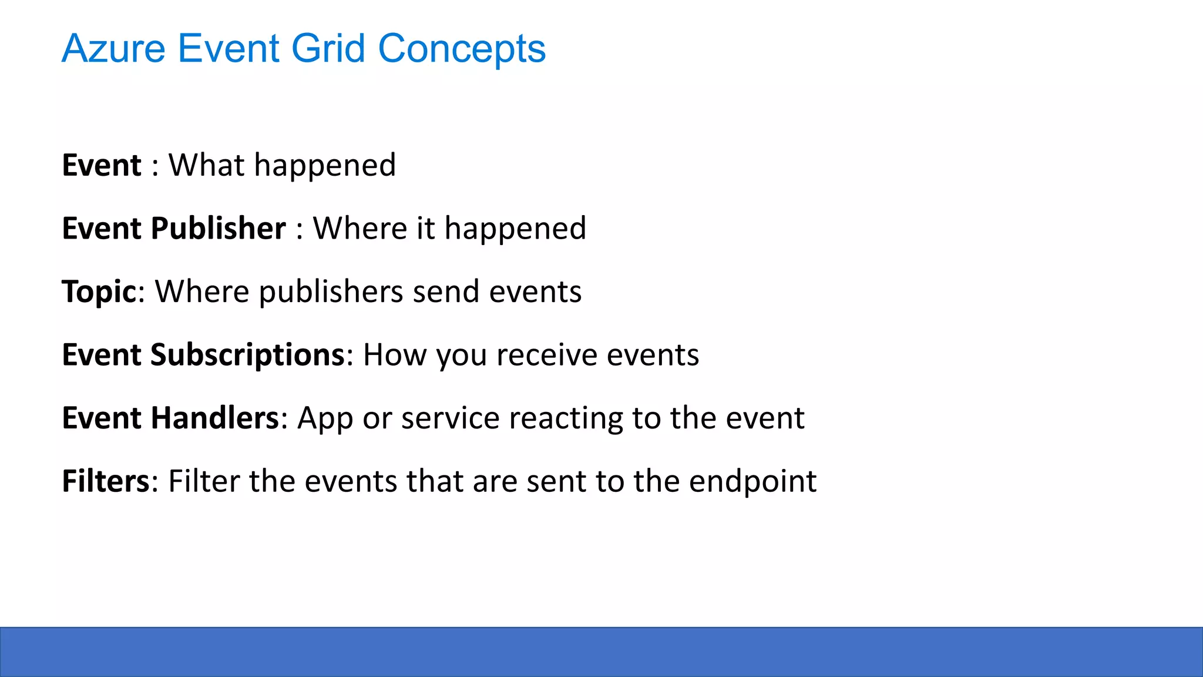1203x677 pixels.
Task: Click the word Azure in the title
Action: (113, 49)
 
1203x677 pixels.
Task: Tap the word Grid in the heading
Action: (328, 49)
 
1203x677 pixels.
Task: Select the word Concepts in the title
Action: (462, 49)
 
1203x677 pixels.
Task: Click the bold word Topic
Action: (99, 292)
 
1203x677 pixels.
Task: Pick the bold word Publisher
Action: (218, 228)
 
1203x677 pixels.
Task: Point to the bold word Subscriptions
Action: (247, 355)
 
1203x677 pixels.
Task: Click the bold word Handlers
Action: (214, 418)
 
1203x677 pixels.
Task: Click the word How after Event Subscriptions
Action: (395, 355)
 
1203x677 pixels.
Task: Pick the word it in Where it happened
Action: (426, 228)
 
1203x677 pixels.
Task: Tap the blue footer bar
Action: (601, 652)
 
